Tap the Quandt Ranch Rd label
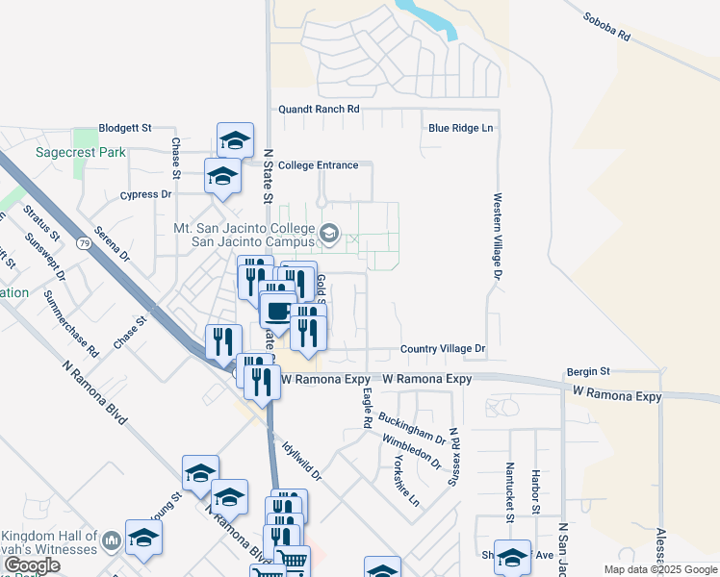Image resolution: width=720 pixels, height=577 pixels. point(318,110)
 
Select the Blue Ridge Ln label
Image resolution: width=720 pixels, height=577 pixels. point(460,128)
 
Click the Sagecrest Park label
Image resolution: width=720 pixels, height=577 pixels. point(81,152)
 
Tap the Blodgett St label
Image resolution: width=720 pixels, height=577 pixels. point(126,127)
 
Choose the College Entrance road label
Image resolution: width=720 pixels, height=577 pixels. point(318,165)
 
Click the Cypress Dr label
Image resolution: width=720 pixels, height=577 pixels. point(145,194)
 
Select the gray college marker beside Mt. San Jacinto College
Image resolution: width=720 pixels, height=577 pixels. point(329,233)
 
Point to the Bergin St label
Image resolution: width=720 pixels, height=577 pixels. point(588,370)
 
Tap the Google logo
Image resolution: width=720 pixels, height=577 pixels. point(32,565)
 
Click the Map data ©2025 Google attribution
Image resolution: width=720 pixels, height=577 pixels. point(660,569)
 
